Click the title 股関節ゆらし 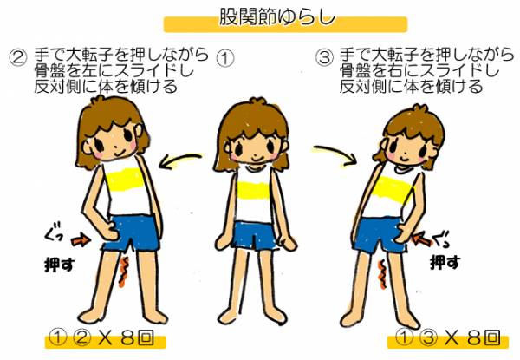point(277,16)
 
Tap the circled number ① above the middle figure point(225,59)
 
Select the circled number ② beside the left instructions point(17,58)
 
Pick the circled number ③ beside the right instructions point(324,58)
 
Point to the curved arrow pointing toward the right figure point(335,153)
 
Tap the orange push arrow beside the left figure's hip point(81,240)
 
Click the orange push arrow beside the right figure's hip point(423,239)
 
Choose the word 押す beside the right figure point(445,262)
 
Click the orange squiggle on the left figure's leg point(123,272)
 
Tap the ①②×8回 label point(101,337)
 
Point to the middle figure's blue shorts point(254,236)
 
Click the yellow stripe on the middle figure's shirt point(253,191)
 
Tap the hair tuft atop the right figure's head point(419,109)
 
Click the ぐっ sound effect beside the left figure point(53,233)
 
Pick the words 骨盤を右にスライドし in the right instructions point(419,70)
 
